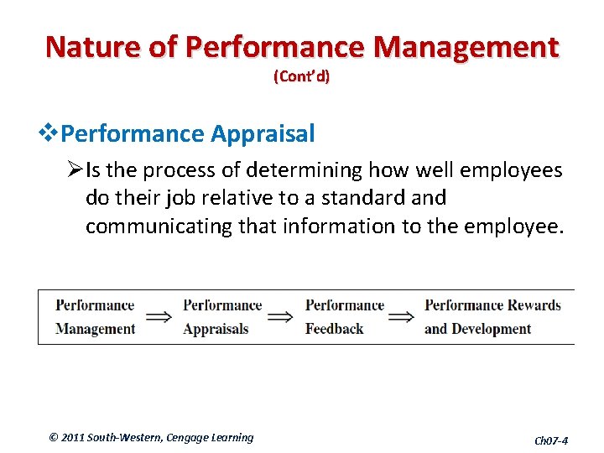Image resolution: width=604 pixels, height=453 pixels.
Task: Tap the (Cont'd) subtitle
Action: coord(301,76)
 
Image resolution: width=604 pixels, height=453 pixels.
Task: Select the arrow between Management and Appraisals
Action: coord(159,317)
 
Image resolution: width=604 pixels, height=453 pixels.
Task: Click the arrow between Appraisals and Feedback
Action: coord(280,317)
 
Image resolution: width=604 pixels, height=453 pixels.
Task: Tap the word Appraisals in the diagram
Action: coord(216,329)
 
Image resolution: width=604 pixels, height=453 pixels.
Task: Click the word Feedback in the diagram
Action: coord(334,329)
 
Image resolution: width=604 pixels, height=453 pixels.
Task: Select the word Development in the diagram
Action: coord(491,329)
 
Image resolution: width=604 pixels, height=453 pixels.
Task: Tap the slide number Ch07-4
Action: coord(551,440)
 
